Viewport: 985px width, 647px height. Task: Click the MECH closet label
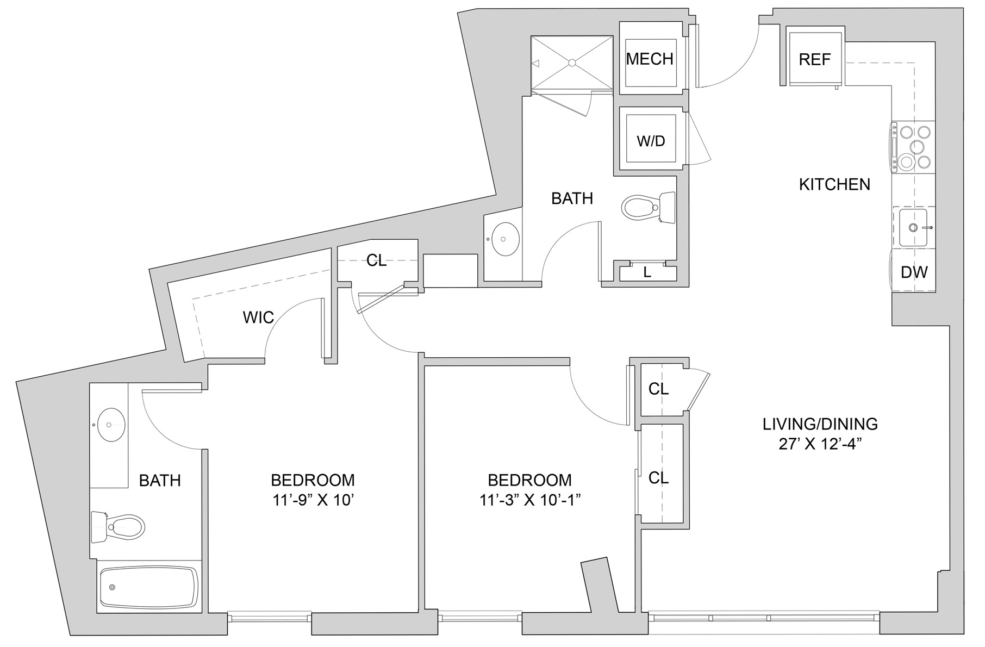(x=650, y=59)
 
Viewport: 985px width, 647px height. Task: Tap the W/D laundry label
(x=651, y=141)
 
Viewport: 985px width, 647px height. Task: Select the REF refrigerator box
(x=815, y=59)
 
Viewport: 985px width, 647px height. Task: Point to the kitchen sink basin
(x=913, y=227)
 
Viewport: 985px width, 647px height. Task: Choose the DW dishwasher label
(x=914, y=272)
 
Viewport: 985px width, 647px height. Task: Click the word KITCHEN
(x=834, y=184)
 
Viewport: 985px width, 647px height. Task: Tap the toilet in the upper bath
(x=649, y=207)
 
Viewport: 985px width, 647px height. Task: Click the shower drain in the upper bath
(x=572, y=63)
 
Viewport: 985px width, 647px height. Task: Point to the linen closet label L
(x=647, y=272)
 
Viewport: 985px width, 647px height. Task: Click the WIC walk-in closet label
(x=258, y=317)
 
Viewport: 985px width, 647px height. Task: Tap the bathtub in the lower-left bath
(x=149, y=588)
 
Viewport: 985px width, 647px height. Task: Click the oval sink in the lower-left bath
(x=110, y=425)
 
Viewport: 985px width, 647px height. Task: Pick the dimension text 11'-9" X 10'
(x=313, y=500)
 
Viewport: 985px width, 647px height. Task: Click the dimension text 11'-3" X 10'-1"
(x=530, y=500)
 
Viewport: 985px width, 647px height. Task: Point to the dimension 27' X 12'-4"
(x=821, y=444)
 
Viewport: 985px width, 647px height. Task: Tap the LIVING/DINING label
(x=820, y=424)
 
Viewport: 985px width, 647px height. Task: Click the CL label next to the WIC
(x=376, y=260)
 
